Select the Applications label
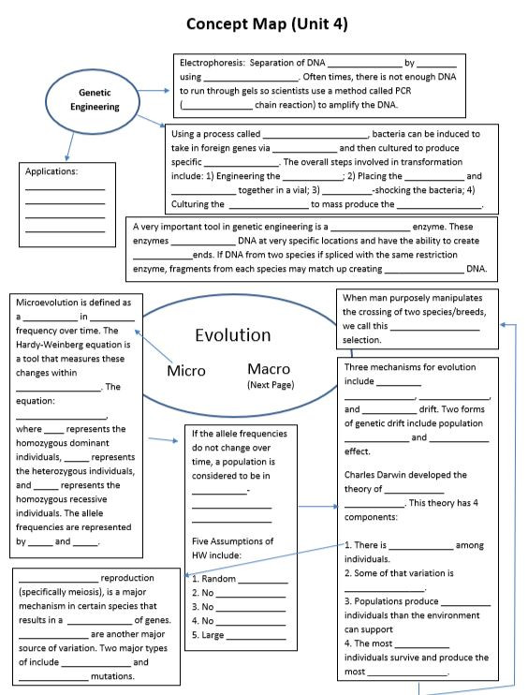point(51,172)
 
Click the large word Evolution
point(233,335)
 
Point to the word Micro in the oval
point(185,371)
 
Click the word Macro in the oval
point(274,369)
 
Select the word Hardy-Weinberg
point(56,343)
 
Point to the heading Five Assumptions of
point(232,541)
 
